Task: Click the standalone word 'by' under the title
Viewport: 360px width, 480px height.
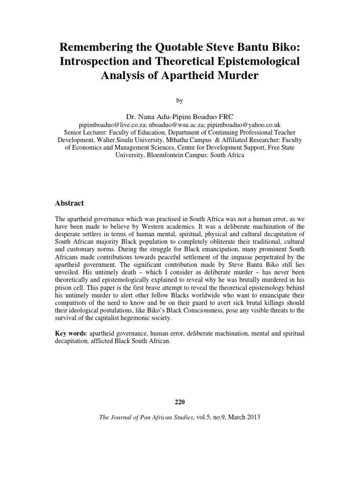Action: [x=180, y=100]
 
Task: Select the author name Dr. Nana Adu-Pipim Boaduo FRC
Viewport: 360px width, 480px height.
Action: [x=180, y=115]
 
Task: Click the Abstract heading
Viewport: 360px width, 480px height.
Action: [x=69, y=203]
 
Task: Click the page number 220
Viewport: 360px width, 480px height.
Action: [x=180, y=402]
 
